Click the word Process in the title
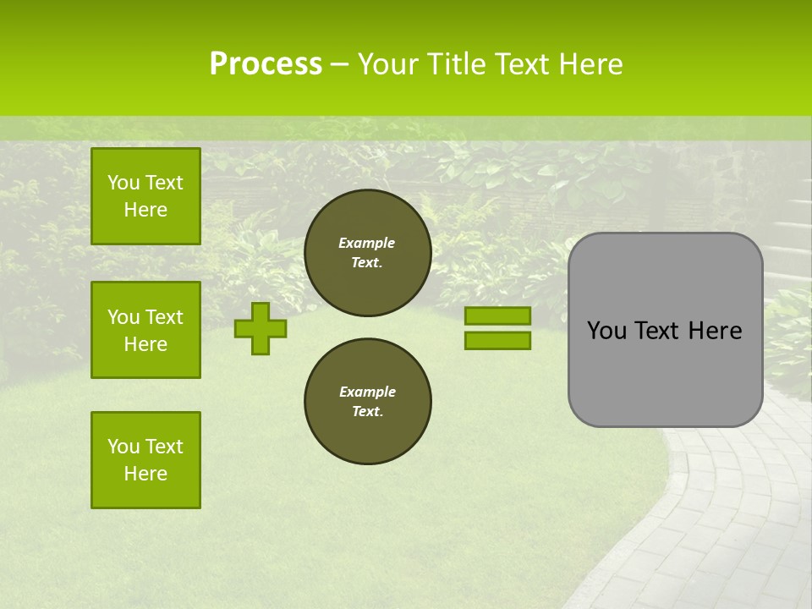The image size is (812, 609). pos(266,64)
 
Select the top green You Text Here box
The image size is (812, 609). pos(145,196)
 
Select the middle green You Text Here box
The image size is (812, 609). pos(145,330)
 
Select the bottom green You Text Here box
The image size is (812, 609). pos(145,460)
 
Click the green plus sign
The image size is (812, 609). pos(260,329)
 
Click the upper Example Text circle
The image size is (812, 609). pos(367,253)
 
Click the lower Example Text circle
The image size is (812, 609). pos(367,402)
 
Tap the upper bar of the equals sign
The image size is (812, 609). pos(497,315)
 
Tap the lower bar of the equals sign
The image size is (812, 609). pos(497,340)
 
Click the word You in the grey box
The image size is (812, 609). pos(606,331)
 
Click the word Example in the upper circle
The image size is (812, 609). pos(367,243)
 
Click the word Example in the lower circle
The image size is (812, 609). pos(367,392)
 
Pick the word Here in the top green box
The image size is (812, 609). pos(145,210)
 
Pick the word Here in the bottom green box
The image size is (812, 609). pos(145,474)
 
